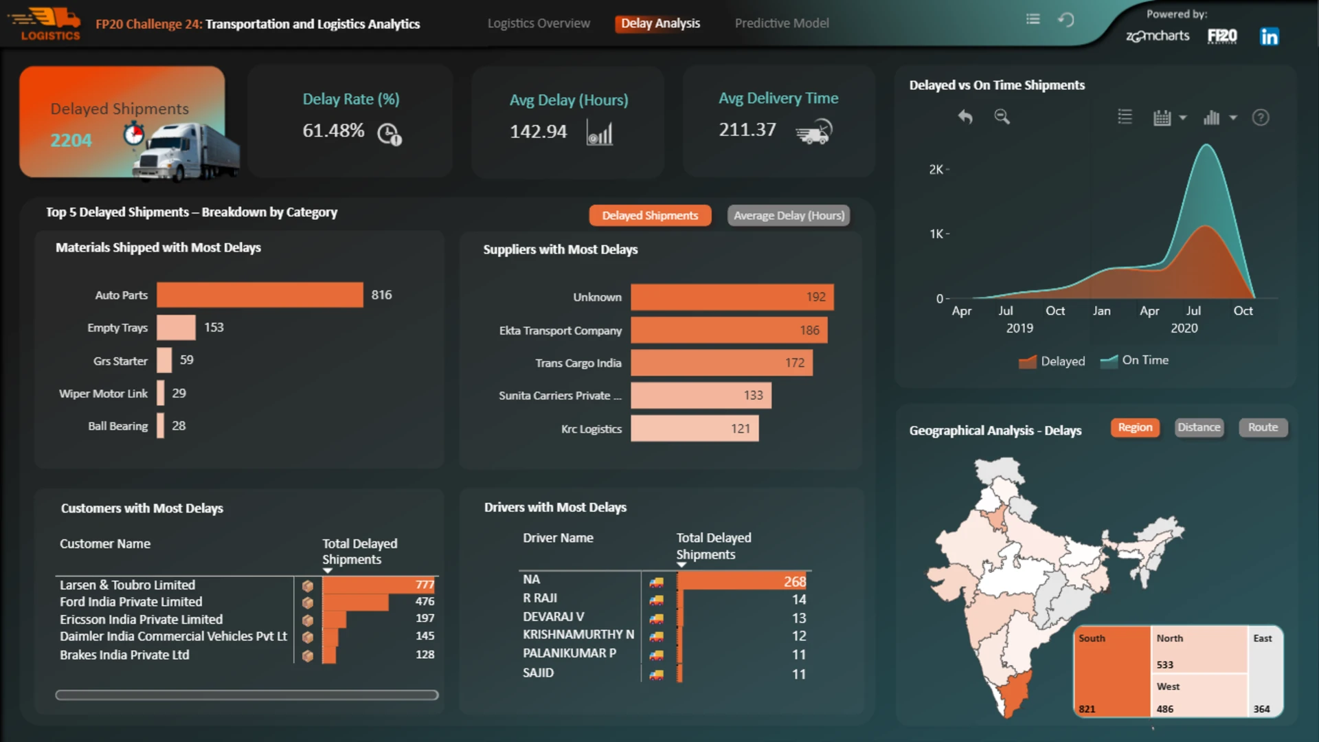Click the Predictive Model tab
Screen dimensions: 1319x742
tap(782, 23)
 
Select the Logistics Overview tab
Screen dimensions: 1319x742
tap(539, 23)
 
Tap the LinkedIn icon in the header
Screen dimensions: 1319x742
tap(1270, 36)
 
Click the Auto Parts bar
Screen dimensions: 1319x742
tap(260, 295)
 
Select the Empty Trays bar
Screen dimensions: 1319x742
tap(176, 328)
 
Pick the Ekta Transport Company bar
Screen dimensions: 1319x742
tap(729, 330)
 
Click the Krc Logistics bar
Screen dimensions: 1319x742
tap(695, 429)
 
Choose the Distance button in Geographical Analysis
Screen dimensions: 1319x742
tap(1199, 427)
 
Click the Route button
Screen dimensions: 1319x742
tap(1263, 427)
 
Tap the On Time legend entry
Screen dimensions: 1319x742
tap(1134, 361)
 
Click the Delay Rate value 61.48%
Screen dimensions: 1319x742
tap(333, 131)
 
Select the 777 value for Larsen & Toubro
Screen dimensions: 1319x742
tap(425, 585)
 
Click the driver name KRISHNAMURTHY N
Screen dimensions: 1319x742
tap(578, 634)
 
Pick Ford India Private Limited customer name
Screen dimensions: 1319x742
tap(131, 602)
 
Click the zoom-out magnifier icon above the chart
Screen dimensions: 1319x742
tap(1002, 117)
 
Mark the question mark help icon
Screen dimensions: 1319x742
tap(1261, 117)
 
